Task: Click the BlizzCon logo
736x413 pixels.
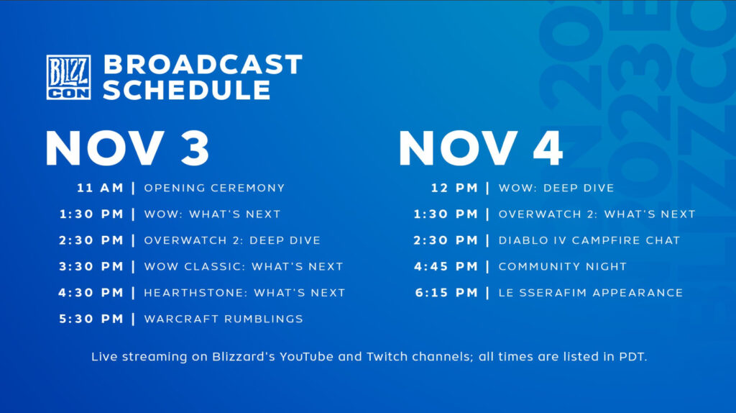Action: (68, 77)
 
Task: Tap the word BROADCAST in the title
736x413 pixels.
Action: (203, 64)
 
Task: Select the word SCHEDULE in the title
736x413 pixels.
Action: (187, 90)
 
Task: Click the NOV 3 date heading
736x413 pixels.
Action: (127, 148)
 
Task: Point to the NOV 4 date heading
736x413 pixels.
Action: (481, 148)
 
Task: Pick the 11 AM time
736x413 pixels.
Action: (101, 188)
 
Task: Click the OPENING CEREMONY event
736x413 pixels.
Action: (214, 188)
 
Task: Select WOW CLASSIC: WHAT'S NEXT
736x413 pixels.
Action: (244, 266)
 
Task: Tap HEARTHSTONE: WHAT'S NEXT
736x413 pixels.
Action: (244, 293)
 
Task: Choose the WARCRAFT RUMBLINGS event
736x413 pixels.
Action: (224, 319)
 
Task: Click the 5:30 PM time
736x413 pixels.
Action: (91, 319)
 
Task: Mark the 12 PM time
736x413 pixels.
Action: (454, 188)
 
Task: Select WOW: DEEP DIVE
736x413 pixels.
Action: (556, 188)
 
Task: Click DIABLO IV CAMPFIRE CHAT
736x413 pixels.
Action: (589, 240)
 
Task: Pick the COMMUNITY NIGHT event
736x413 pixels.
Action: (562, 266)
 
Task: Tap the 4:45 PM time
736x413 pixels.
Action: (446, 266)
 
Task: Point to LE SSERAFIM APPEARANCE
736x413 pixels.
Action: (590, 293)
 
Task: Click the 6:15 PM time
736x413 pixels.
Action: (446, 293)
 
